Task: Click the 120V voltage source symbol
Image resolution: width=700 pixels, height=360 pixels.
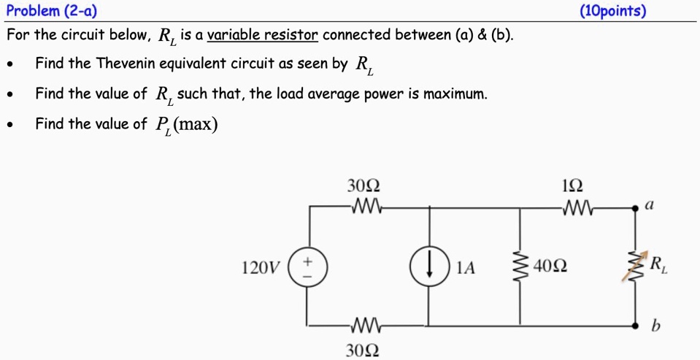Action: click(307, 267)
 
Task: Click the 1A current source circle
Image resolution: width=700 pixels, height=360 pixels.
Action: click(428, 267)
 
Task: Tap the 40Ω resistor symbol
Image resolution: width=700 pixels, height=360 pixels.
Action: click(520, 267)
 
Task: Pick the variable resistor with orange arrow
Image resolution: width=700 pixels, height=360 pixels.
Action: click(632, 267)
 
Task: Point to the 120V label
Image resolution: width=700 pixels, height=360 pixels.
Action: click(260, 268)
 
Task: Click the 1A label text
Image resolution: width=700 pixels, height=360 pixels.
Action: click(465, 268)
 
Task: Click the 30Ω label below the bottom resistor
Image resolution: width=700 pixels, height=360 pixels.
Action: click(363, 350)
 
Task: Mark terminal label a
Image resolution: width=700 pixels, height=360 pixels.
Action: click(648, 206)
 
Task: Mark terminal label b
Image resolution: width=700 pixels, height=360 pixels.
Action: click(655, 326)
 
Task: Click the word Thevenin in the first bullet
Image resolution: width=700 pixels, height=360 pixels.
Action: click(124, 64)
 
